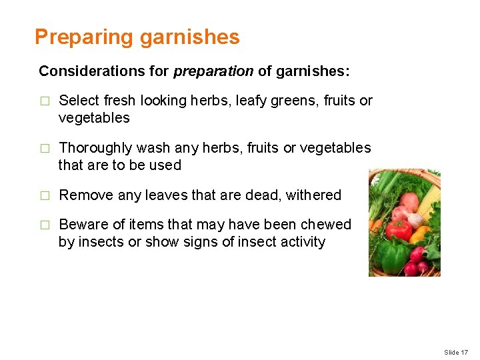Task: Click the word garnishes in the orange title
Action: pos(189,37)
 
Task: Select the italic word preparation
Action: pos(213,71)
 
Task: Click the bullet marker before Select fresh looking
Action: pos(44,101)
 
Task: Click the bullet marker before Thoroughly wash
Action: pos(44,149)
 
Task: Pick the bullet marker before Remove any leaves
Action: pos(44,196)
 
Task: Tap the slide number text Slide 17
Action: pos(457,352)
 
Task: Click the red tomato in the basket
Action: pos(401,230)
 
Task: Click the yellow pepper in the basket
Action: pos(421,235)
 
